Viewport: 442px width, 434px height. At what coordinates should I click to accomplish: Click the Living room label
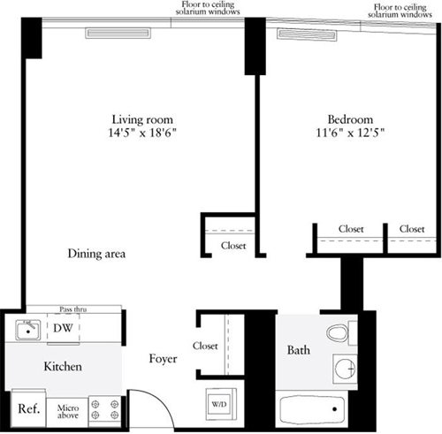(x=141, y=119)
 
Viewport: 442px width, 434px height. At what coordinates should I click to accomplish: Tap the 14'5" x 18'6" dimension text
(x=141, y=133)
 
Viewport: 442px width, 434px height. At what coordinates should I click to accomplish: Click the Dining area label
(x=97, y=255)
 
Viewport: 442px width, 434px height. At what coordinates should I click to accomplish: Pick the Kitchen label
(x=64, y=366)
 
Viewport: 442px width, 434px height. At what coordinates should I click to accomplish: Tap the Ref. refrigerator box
(x=27, y=409)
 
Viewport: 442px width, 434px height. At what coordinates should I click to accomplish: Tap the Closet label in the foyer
(x=205, y=346)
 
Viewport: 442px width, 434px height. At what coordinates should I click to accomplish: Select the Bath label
(x=298, y=351)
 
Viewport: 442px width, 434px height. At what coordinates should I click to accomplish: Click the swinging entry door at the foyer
(x=150, y=407)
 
